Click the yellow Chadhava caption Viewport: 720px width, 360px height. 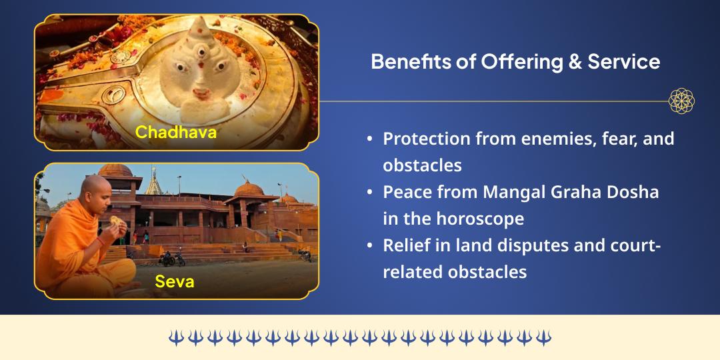pos(176,132)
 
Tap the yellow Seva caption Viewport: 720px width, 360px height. pos(175,281)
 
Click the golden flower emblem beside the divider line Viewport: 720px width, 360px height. pos(681,101)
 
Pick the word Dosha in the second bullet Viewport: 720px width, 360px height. pos(635,192)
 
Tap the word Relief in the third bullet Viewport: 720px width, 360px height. pos(404,245)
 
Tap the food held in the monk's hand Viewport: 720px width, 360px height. pos(117,221)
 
